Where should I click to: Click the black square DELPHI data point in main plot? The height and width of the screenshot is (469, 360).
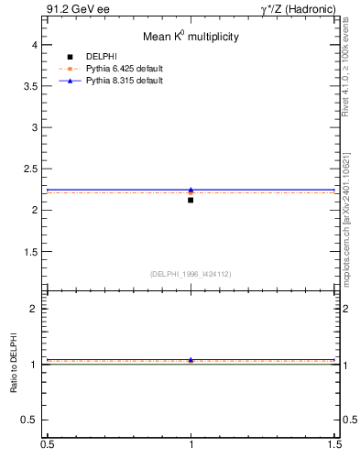(191, 200)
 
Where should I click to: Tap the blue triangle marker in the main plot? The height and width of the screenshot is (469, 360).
(191, 190)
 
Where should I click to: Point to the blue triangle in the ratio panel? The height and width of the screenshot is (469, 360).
(191, 360)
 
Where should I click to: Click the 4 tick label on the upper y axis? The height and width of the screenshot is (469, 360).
(34, 45)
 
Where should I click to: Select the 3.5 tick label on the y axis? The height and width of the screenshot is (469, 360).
(30, 86)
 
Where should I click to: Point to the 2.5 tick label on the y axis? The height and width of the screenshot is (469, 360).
(30, 169)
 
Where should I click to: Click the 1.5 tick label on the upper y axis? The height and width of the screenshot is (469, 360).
(30, 251)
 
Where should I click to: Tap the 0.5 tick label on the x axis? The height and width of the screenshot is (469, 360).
(47, 443)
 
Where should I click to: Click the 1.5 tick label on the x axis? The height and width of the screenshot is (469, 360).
(335, 443)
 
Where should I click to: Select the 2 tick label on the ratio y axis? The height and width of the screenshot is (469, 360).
(34, 309)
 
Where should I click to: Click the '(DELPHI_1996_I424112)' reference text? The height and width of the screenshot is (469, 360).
(191, 274)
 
